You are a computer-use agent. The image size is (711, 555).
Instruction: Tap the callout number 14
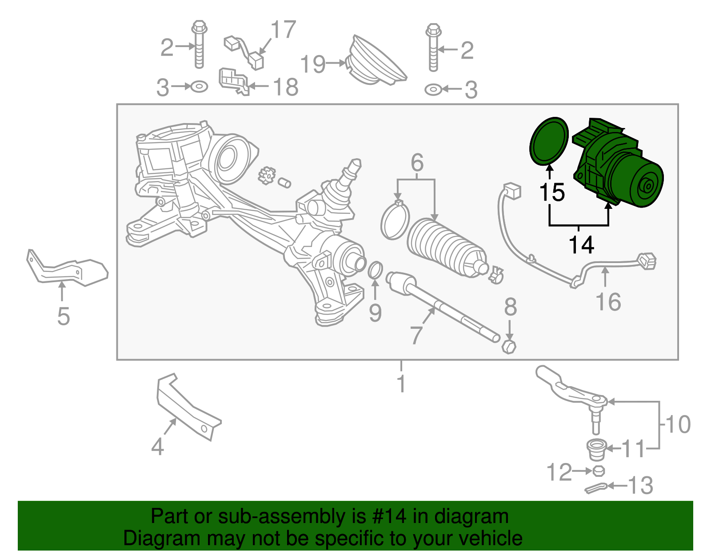[581, 245]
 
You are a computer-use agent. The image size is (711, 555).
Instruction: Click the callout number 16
[608, 302]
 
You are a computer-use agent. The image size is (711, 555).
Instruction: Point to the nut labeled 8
[509, 346]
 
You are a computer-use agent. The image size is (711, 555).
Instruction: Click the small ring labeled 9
[375, 270]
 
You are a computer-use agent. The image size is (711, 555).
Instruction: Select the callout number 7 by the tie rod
[416, 335]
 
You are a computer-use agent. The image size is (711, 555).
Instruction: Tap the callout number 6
[417, 163]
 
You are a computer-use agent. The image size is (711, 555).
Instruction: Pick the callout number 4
[157, 446]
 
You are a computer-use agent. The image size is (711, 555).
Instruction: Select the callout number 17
[284, 30]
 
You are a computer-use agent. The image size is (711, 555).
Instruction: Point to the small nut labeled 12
[598, 471]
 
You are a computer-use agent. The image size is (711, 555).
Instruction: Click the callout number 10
[678, 424]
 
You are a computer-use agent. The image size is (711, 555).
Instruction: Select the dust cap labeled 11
[596, 449]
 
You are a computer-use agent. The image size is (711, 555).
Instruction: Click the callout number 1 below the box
[401, 383]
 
